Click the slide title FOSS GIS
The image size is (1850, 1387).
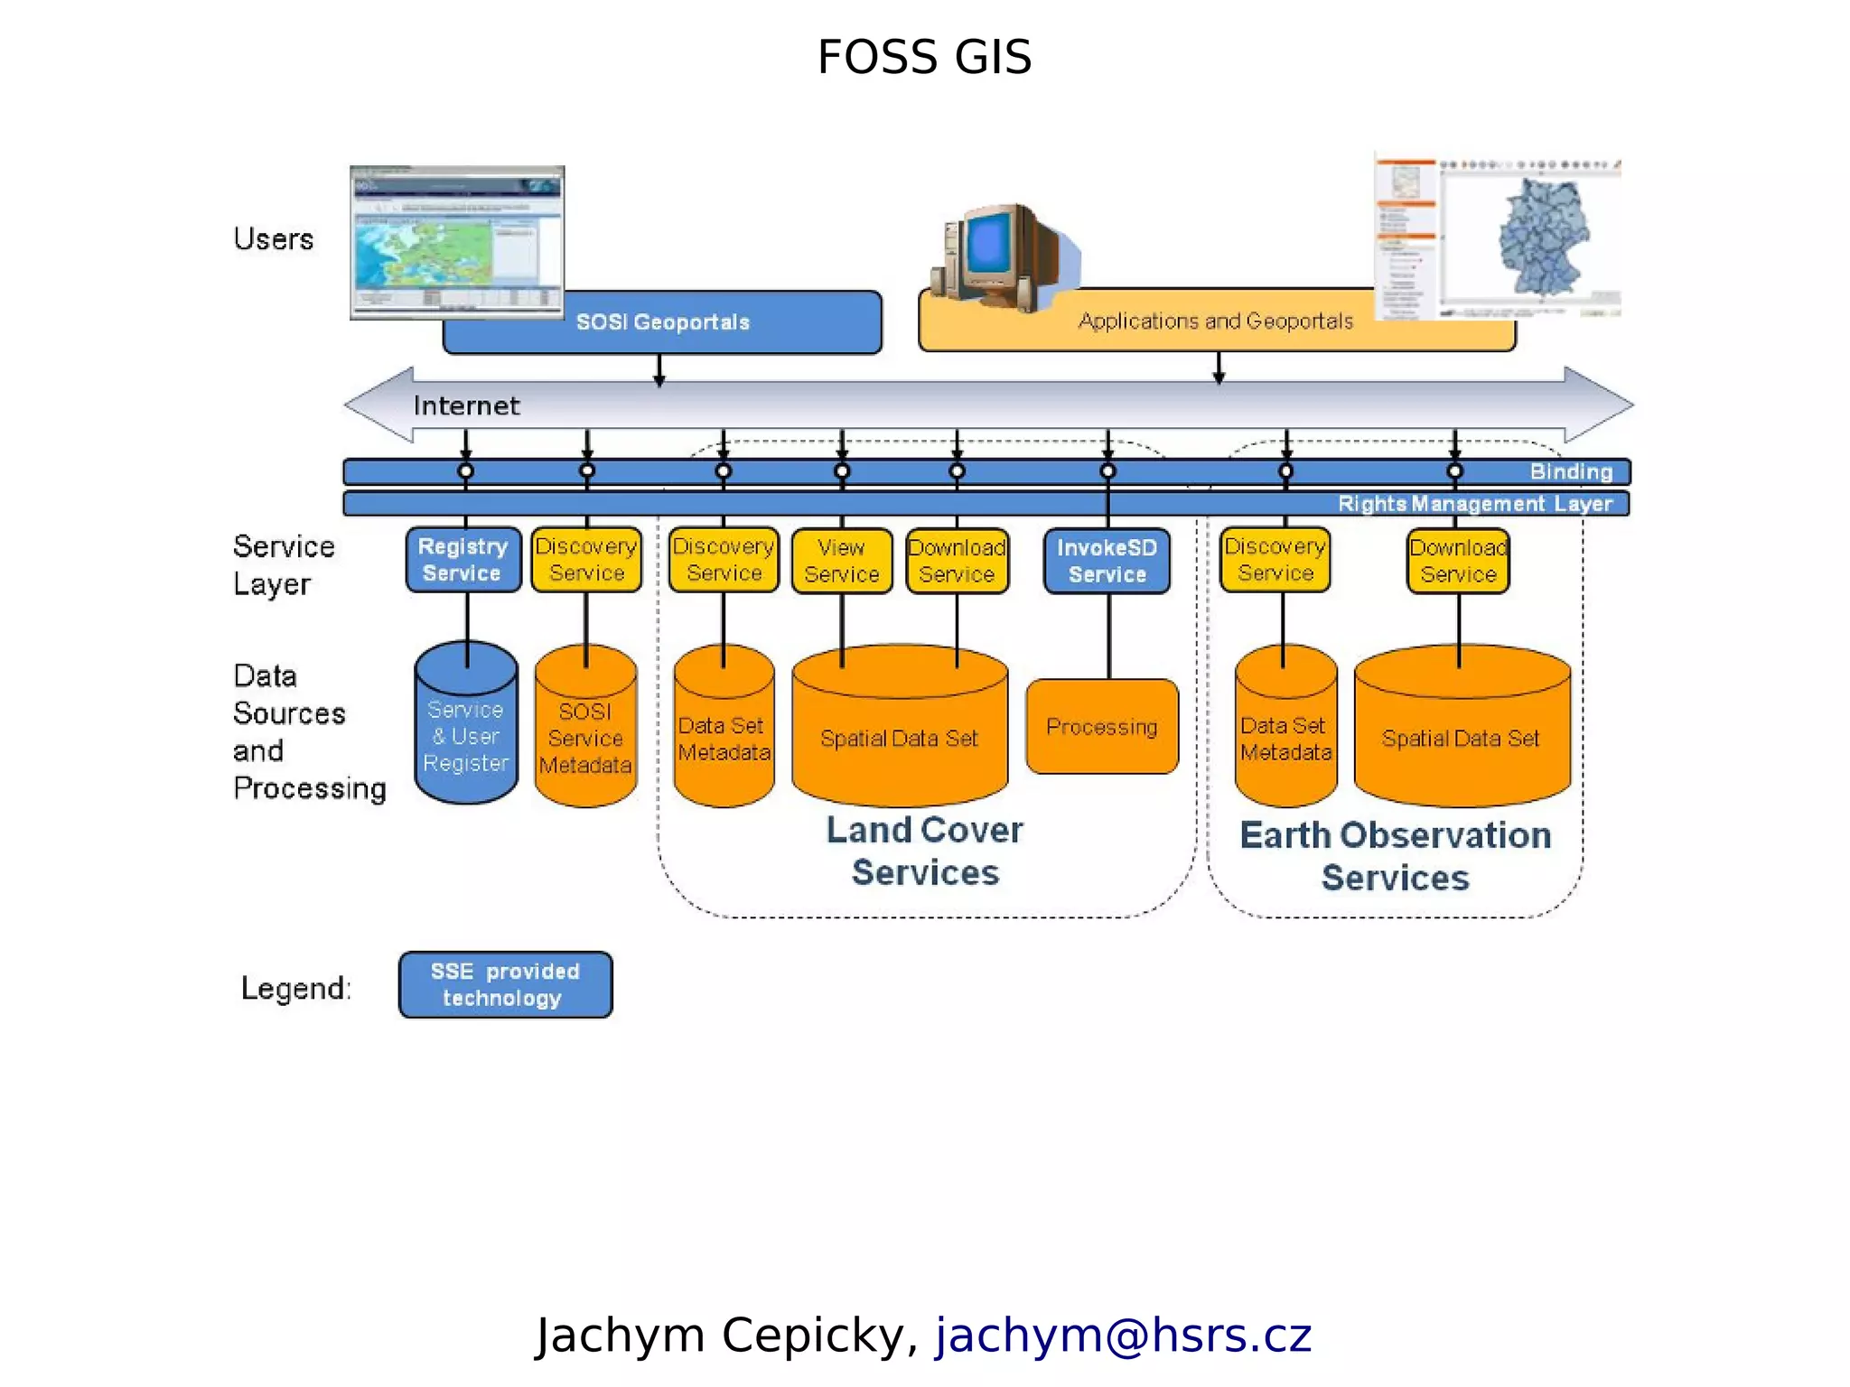[x=924, y=58]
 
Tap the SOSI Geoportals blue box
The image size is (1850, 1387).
[x=662, y=322]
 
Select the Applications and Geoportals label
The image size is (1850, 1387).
[x=1215, y=321]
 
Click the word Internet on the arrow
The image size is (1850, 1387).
[x=466, y=405]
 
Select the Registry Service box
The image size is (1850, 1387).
[x=462, y=560]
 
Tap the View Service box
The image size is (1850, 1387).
[x=841, y=561]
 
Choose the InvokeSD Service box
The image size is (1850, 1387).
[x=1107, y=561]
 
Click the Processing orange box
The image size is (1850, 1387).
[x=1101, y=727]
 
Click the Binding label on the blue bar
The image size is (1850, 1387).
[x=1571, y=471]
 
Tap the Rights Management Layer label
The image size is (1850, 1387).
[x=1474, y=504]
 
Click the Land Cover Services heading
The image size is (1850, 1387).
[x=925, y=851]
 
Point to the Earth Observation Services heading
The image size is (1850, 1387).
[x=1395, y=856]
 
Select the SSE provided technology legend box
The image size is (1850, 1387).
[x=505, y=985]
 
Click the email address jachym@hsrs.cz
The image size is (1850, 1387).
[x=1123, y=1335]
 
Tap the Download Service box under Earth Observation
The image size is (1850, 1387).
[x=1457, y=561]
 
